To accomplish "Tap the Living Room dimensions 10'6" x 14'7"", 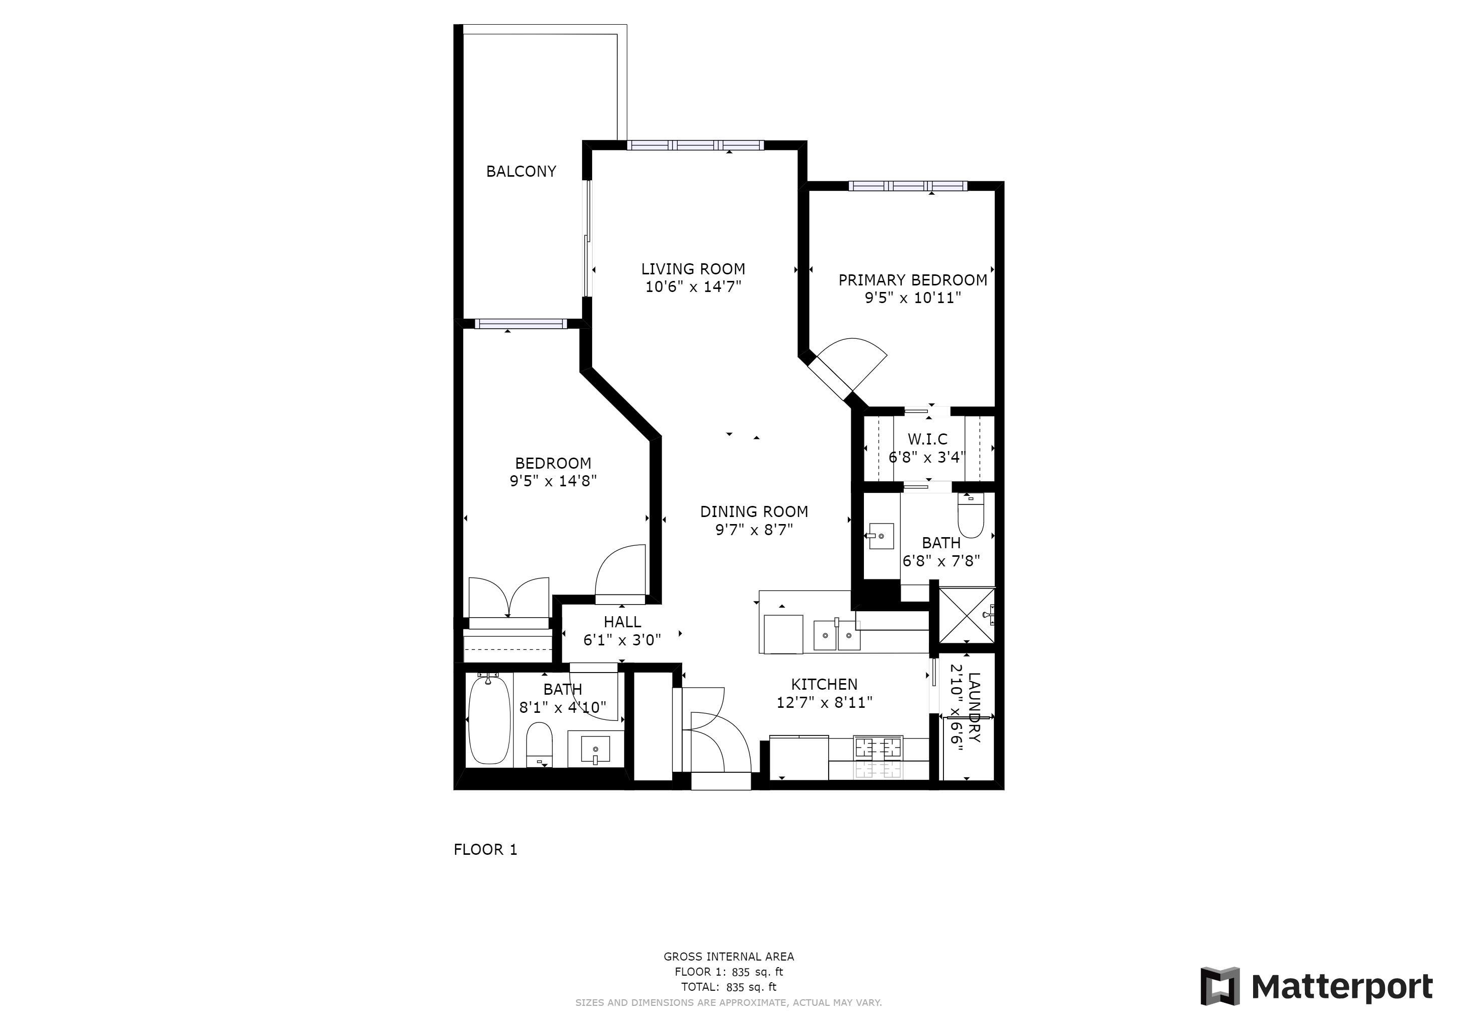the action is (x=693, y=287).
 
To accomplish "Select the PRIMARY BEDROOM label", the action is (x=913, y=280).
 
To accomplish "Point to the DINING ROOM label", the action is (x=754, y=511).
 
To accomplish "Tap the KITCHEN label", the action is (x=824, y=684).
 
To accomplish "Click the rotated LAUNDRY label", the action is (x=975, y=708).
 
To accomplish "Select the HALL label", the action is (x=622, y=622).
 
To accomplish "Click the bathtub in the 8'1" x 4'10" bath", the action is (x=489, y=720).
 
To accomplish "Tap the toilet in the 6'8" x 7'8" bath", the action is (x=970, y=515).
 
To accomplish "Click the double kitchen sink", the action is (x=837, y=635).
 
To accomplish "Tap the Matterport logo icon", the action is (x=1220, y=986).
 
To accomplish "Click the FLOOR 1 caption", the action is (x=486, y=849).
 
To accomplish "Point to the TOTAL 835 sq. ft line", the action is (x=729, y=987).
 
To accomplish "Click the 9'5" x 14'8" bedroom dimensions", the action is (x=553, y=481).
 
